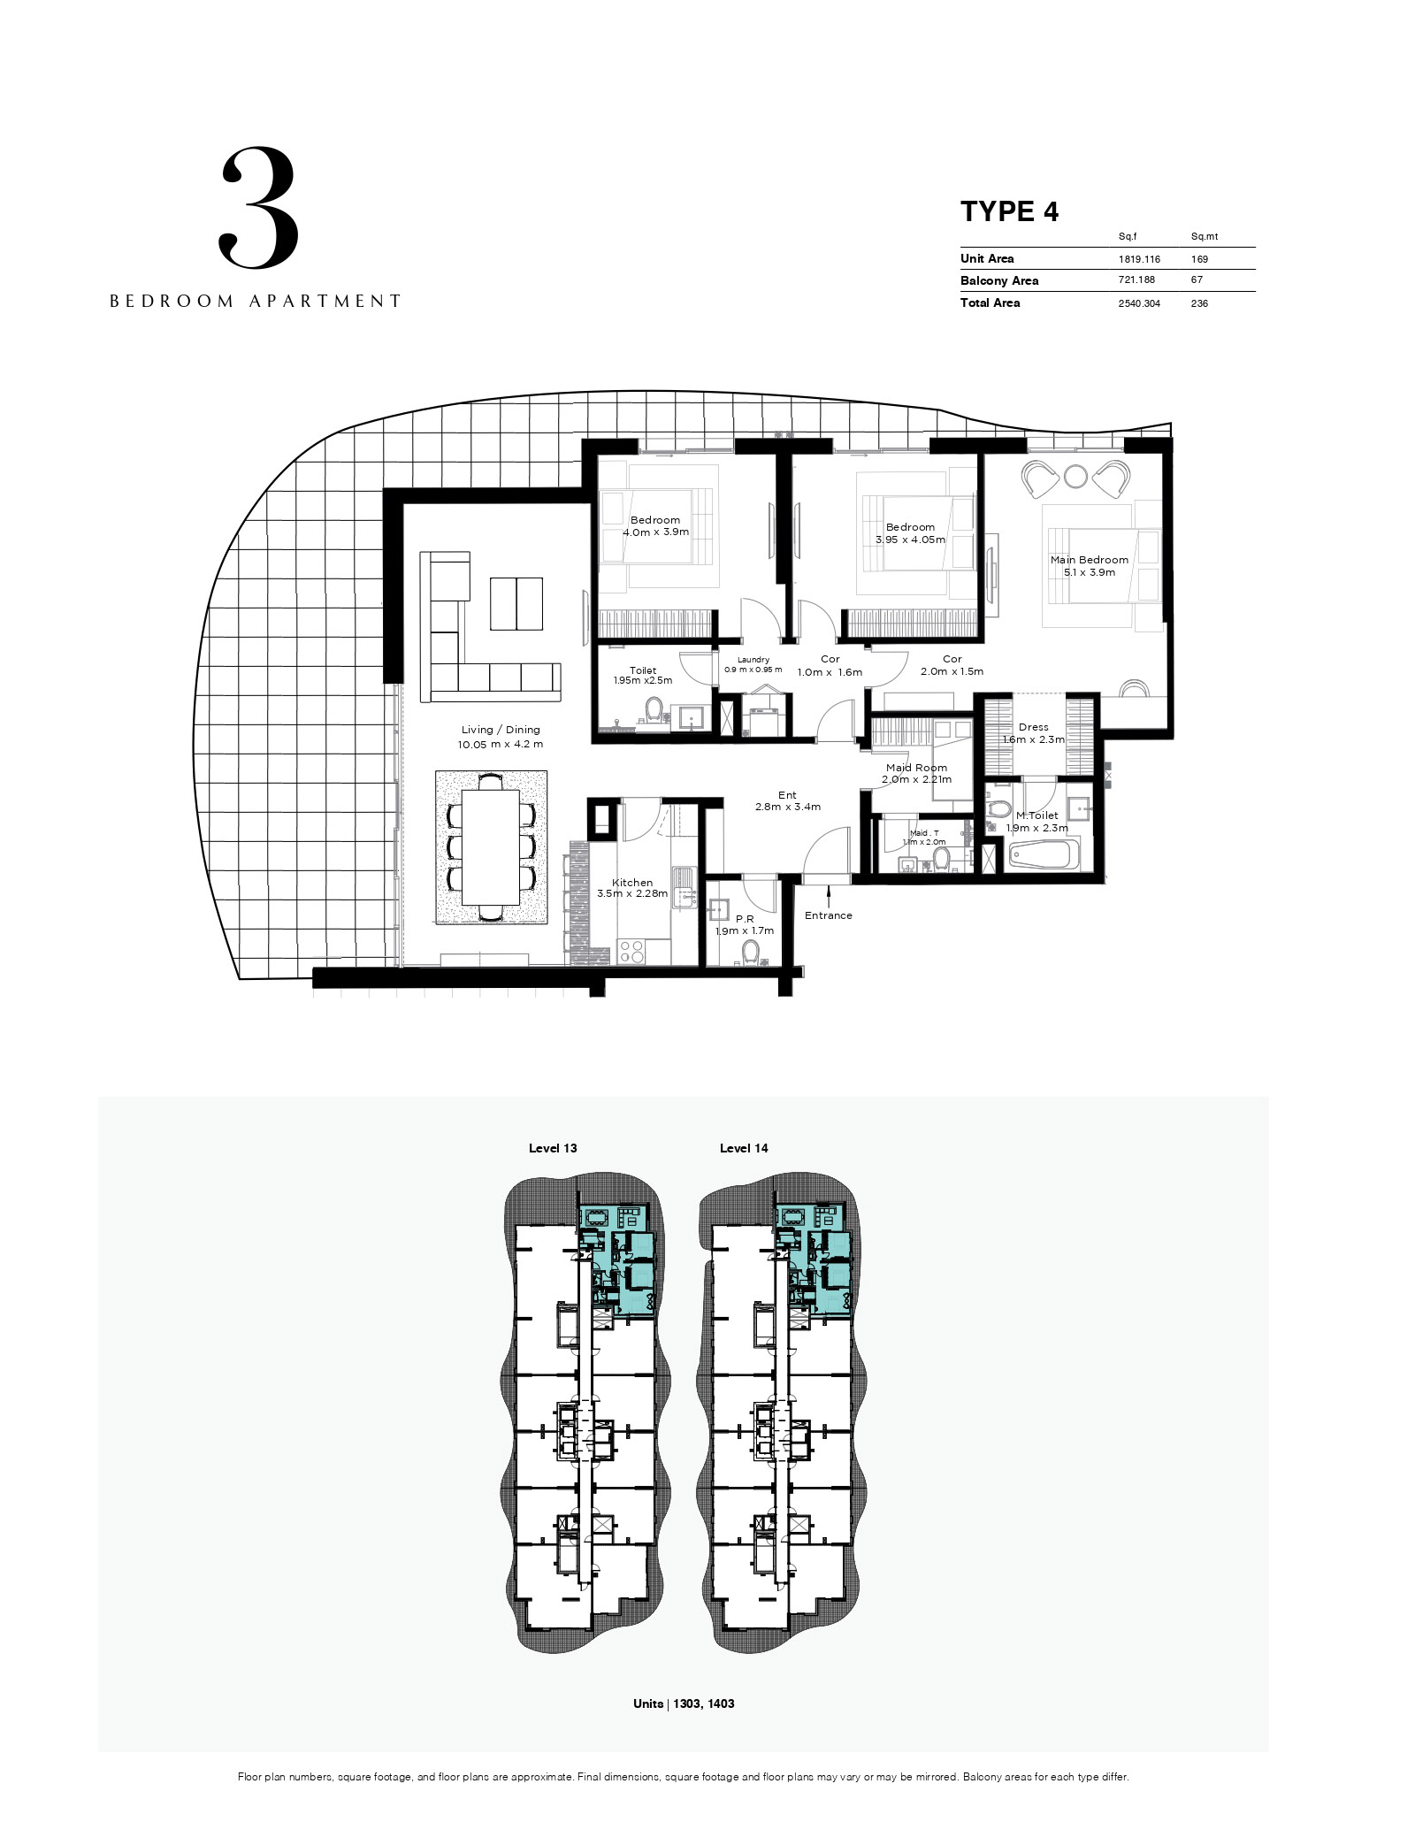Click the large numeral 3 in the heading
click(258, 209)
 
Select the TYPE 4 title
click(1009, 211)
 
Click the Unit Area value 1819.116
click(1139, 259)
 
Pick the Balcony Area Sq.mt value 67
click(1198, 280)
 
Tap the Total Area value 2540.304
click(1139, 302)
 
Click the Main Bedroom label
click(1090, 560)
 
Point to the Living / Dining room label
click(501, 730)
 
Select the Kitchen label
click(632, 883)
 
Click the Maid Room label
click(916, 768)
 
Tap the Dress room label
click(1033, 727)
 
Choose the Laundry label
click(753, 660)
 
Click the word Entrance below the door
click(829, 915)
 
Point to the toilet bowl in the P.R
click(751, 951)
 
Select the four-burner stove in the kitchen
click(631, 951)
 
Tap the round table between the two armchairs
click(1075, 477)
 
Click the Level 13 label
click(553, 1148)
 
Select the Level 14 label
click(744, 1148)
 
